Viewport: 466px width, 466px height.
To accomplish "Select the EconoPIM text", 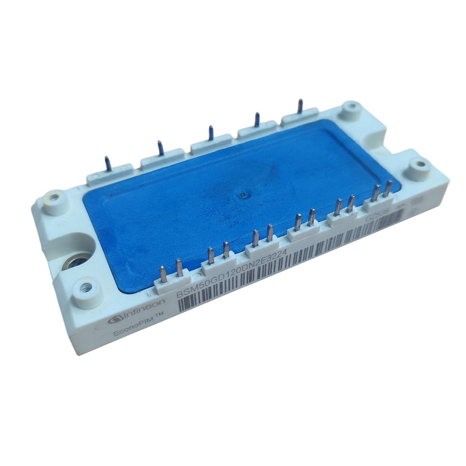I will coord(132,328).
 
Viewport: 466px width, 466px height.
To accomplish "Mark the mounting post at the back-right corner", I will coord(352,108).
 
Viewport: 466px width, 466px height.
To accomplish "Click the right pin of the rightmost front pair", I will coord(387,190).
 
